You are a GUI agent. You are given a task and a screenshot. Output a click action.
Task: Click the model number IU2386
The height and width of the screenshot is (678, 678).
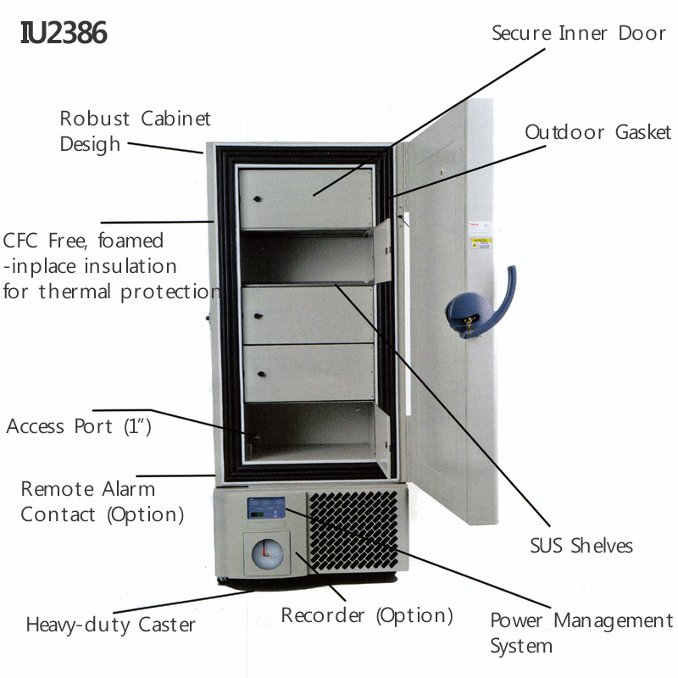coord(64,33)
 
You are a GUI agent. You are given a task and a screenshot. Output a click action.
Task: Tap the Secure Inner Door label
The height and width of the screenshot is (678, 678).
coord(579,33)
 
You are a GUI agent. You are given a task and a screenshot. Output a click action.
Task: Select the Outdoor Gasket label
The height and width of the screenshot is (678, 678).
coord(597,132)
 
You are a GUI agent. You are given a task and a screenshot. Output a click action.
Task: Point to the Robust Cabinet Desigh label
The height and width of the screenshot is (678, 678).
coord(135,131)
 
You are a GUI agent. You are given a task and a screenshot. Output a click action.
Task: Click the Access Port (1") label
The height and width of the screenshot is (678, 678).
coord(79,425)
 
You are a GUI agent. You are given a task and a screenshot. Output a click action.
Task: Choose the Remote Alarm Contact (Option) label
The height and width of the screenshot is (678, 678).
coord(102,501)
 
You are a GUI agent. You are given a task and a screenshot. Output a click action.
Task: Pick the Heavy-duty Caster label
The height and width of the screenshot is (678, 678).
coord(110,625)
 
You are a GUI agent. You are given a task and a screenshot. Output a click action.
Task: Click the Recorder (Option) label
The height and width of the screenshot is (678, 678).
coord(367,615)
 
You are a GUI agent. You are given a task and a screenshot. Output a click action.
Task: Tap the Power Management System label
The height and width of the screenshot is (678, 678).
coord(581,632)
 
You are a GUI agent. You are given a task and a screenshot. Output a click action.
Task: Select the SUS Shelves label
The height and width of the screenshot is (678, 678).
coord(581,545)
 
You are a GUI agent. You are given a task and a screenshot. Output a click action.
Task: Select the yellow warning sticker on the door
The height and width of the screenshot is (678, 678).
coord(480,244)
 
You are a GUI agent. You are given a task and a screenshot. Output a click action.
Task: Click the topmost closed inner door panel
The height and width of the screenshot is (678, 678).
coord(305,197)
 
